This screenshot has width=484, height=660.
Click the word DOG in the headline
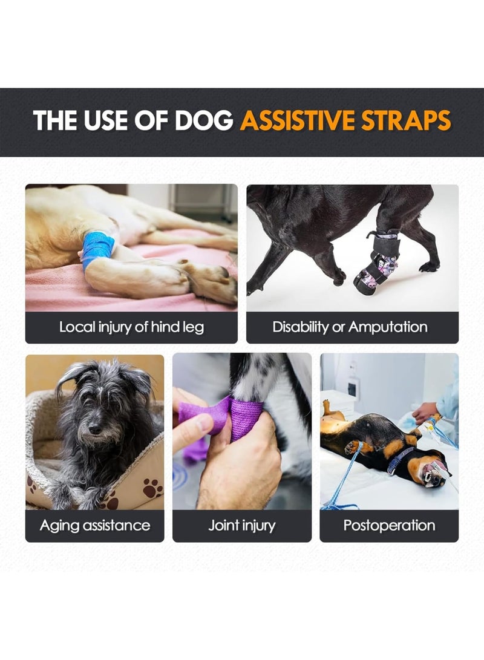tap(204, 120)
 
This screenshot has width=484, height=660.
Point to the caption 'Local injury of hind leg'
tap(131, 327)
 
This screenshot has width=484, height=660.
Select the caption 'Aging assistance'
tap(95, 526)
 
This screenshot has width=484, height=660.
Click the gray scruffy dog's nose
tap(95, 428)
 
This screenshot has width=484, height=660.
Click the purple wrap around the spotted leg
tap(246, 419)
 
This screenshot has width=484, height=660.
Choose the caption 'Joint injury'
tap(242, 526)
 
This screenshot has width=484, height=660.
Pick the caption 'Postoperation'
tap(389, 525)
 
